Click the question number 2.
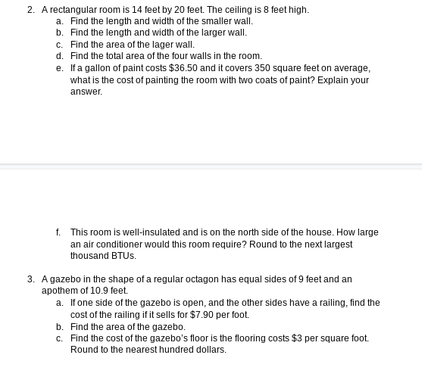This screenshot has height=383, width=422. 30,10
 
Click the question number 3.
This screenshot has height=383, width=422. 30,279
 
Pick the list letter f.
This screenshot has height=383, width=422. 58,232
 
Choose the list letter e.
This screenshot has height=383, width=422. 59,68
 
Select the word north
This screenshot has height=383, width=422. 261,232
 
